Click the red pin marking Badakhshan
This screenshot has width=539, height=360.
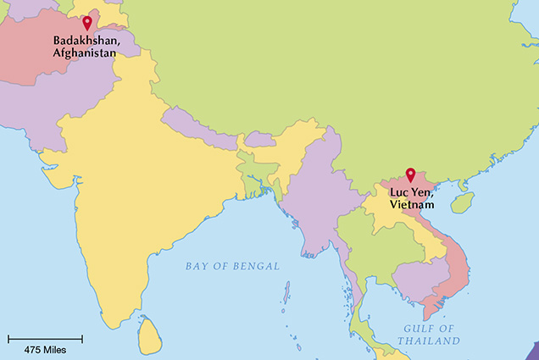tap(86, 22)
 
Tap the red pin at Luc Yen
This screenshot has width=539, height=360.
tap(410, 174)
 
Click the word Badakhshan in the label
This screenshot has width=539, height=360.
tap(85, 40)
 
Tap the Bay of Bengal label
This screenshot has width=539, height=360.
tap(232, 266)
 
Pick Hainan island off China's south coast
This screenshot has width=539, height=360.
tap(462, 202)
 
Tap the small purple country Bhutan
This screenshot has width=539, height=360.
tap(259, 139)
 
